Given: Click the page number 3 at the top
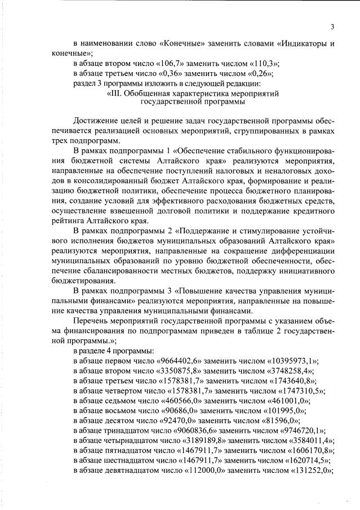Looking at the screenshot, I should (x=332, y=26).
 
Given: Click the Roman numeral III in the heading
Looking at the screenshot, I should (x=114, y=93).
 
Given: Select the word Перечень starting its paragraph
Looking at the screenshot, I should (x=93, y=321).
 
